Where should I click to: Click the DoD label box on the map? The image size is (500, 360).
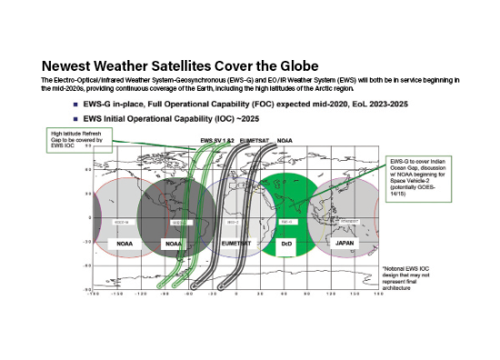point(287,244)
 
